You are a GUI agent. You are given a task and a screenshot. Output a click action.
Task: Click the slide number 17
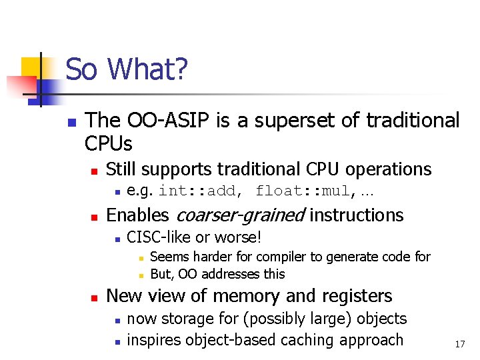(459, 344)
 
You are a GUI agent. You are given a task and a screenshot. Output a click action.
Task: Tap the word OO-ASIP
(165, 121)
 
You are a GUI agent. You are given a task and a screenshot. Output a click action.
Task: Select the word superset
(289, 121)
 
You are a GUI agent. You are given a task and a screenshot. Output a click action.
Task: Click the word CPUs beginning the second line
(109, 143)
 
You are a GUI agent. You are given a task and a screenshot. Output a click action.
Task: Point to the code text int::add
(197, 191)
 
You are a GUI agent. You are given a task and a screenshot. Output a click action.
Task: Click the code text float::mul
(303, 191)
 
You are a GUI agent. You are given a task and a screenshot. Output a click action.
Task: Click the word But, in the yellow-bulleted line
(162, 274)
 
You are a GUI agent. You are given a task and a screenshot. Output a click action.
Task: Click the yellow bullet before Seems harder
(141, 257)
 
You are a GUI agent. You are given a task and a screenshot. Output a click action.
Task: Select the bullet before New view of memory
(94, 297)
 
